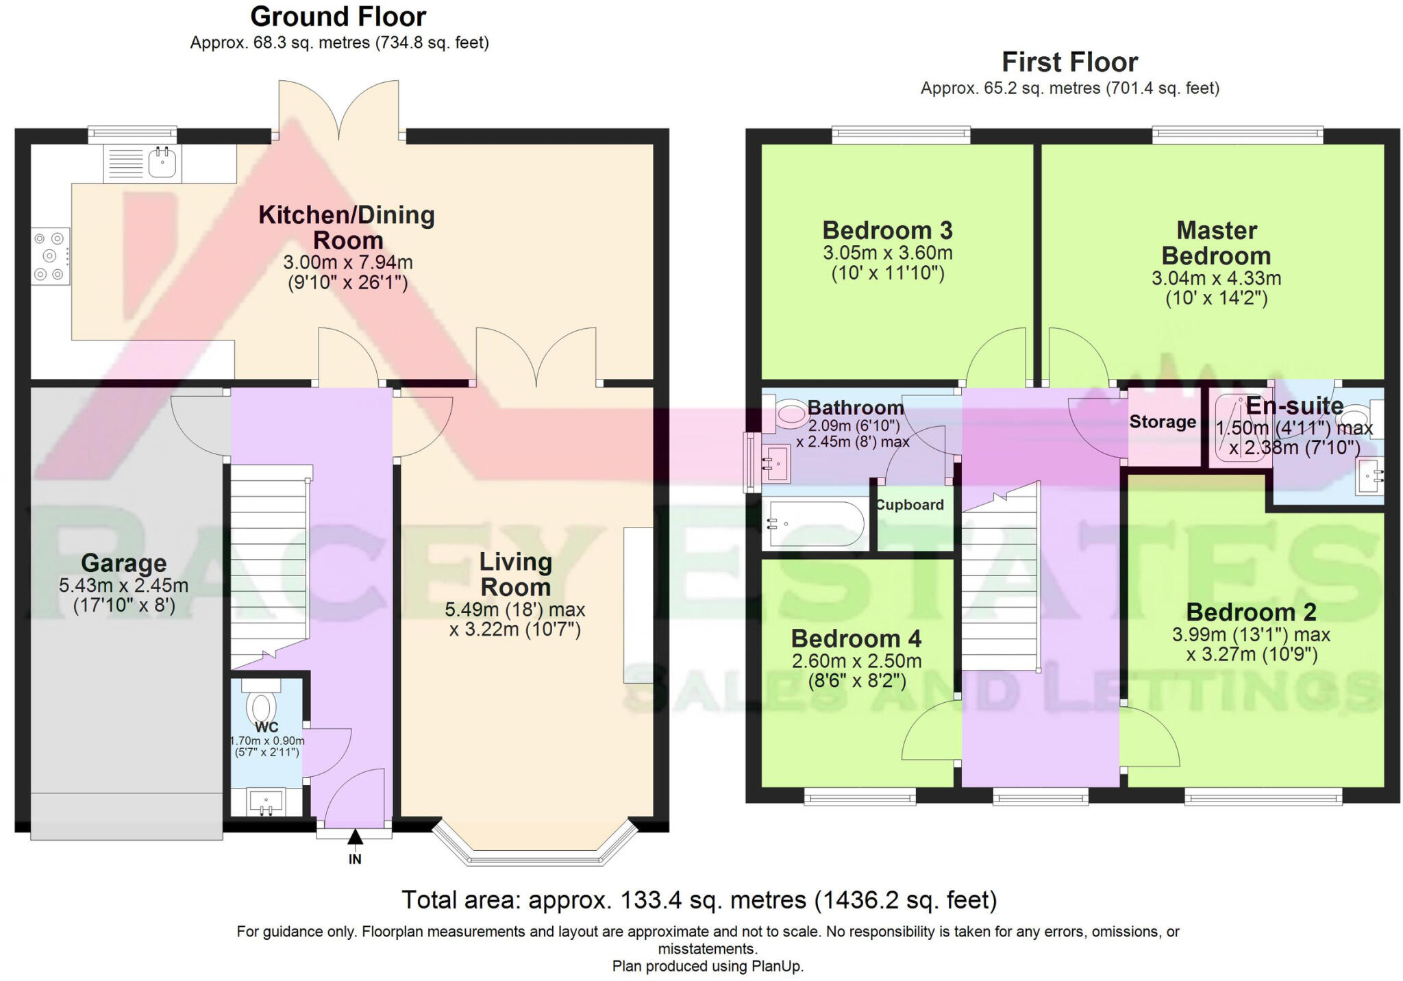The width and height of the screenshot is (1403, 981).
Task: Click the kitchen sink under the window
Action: (x=162, y=163)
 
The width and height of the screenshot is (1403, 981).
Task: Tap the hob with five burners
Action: (x=50, y=256)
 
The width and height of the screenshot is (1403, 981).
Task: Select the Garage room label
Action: (x=124, y=563)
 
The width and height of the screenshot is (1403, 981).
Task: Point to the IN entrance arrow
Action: (x=355, y=837)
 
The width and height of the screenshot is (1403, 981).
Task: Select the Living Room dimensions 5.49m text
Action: (x=514, y=609)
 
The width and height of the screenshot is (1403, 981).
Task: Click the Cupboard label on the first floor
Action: (x=910, y=505)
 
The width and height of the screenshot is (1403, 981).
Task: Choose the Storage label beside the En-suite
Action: (x=1163, y=422)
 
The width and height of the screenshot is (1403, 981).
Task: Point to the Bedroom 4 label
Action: (x=856, y=638)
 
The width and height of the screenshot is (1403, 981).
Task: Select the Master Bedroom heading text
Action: (x=1216, y=243)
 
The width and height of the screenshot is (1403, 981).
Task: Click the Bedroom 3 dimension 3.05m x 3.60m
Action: (x=887, y=253)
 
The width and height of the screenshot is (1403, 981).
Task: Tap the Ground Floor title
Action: (x=338, y=16)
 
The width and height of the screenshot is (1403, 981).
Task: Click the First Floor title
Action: (x=1069, y=62)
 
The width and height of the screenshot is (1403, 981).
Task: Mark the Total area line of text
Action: (x=699, y=899)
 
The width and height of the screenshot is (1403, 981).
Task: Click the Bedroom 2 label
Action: (x=1251, y=612)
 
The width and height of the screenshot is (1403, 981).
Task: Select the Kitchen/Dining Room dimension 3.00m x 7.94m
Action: (x=348, y=262)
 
